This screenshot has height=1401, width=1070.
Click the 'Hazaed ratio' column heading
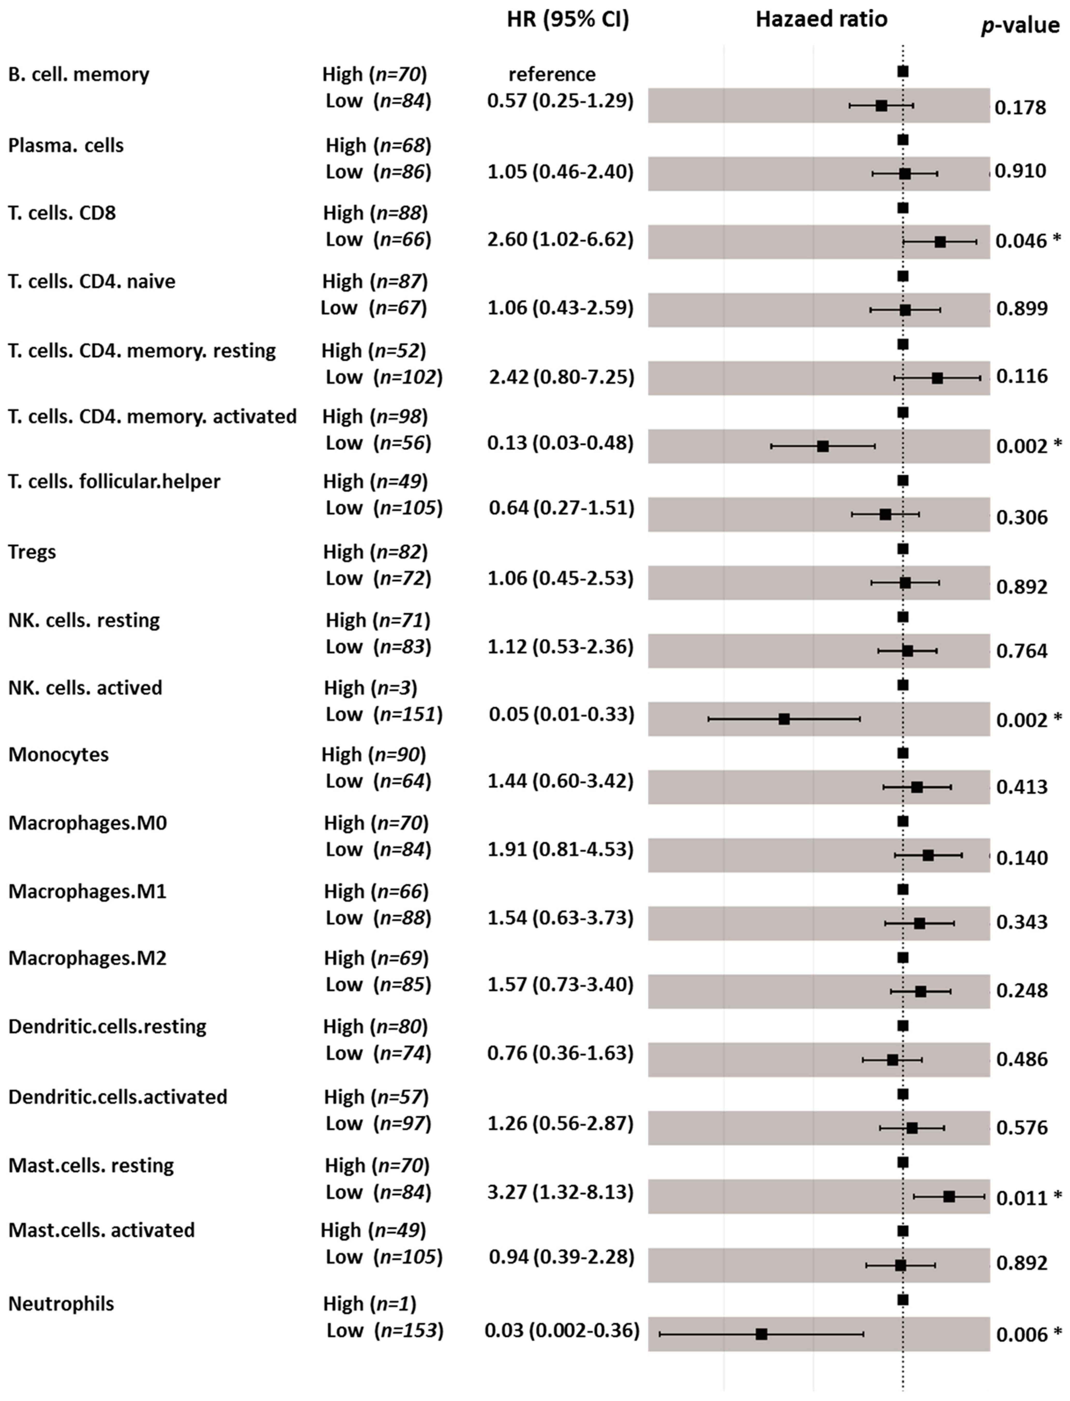click(821, 20)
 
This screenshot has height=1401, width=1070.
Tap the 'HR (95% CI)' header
click(568, 20)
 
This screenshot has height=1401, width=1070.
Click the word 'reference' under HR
click(552, 74)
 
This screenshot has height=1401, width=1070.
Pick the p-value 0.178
click(1020, 108)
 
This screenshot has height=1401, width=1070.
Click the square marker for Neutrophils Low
click(761, 1334)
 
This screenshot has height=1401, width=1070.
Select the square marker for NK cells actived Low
click(784, 719)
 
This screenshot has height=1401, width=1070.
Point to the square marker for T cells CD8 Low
click(940, 242)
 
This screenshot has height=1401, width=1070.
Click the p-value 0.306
click(1022, 517)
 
